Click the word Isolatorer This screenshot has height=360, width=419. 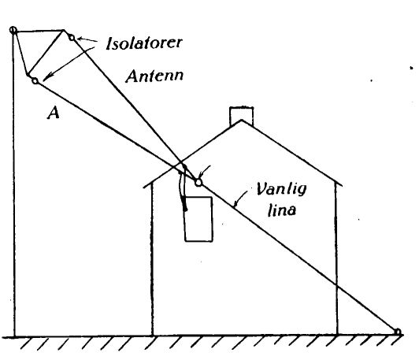point(144,43)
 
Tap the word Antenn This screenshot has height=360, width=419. point(154,76)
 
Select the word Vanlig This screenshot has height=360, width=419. point(281,190)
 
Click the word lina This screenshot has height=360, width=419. point(282,210)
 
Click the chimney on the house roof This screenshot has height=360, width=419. point(241,116)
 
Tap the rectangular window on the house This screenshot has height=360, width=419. point(198,219)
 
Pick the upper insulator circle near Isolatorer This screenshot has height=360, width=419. point(72,37)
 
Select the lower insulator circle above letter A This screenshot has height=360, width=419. point(35,80)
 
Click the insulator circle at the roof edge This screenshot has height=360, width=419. point(198,183)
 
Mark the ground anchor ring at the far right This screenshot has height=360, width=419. point(398,332)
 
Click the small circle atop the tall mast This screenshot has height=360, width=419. point(13,30)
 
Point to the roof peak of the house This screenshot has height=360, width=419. point(242,121)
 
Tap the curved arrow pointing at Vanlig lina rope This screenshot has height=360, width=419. point(239,199)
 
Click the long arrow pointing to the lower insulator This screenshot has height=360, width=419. point(69,64)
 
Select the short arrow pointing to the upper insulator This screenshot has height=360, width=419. point(87,40)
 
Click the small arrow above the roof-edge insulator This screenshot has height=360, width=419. point(206,171)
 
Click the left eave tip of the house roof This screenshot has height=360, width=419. point(144,187)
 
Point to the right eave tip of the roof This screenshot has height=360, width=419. point(341,184)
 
